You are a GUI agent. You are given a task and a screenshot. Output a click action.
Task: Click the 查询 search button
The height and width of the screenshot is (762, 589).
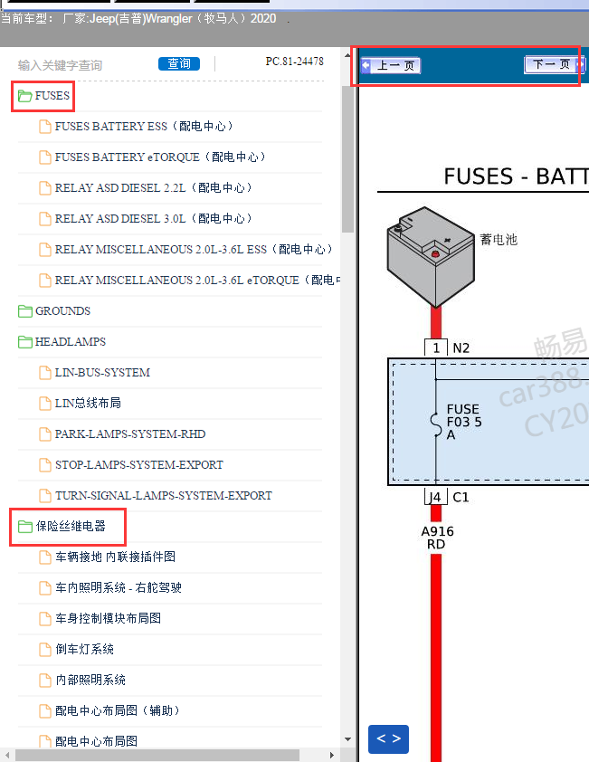179,64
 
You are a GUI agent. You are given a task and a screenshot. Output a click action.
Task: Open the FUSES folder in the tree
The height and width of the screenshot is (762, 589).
52,95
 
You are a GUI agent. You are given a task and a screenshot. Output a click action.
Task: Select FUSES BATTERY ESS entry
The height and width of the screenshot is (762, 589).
144,127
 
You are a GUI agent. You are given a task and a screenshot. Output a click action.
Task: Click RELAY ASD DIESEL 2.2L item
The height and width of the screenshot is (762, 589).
153,188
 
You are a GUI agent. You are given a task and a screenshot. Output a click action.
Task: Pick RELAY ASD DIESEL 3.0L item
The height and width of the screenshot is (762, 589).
153,219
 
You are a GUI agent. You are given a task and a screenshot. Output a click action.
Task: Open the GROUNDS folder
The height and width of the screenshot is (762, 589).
62,311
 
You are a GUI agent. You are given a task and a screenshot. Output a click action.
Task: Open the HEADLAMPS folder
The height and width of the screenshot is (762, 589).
70,342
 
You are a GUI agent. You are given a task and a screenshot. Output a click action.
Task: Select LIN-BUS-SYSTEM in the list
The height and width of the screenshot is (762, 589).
102,373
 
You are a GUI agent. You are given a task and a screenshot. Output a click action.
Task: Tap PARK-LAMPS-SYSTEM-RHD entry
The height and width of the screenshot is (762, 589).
130,434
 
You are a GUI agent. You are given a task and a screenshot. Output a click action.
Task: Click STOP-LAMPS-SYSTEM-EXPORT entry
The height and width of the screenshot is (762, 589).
138,465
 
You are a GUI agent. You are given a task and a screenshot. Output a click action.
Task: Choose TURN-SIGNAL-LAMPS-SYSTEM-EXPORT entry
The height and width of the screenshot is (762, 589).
163,496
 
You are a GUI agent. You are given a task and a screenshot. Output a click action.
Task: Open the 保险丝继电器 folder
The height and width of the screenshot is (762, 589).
70,527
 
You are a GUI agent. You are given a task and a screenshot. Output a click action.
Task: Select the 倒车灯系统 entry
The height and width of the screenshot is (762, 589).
84,650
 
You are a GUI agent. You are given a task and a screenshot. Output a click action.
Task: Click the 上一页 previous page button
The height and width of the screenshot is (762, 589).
392,65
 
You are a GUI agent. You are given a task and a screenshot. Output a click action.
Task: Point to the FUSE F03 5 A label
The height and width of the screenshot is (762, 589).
463,422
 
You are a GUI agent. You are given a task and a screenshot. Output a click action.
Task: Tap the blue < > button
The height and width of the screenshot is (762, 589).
388,738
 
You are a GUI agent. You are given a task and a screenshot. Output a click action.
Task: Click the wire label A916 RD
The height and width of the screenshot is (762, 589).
437,538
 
